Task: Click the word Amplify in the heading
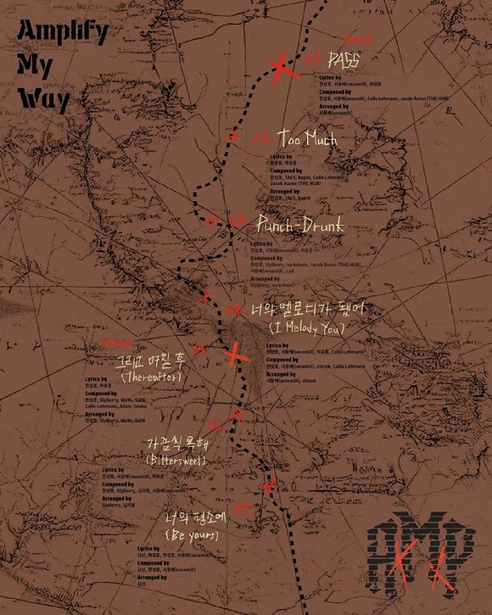coord(63,32)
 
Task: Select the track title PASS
coord(344,60)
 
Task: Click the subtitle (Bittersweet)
coord(177,460)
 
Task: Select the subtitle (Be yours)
coord(192,536)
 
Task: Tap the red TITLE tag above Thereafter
coord(116,344)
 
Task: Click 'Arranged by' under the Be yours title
coord(154,577)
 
